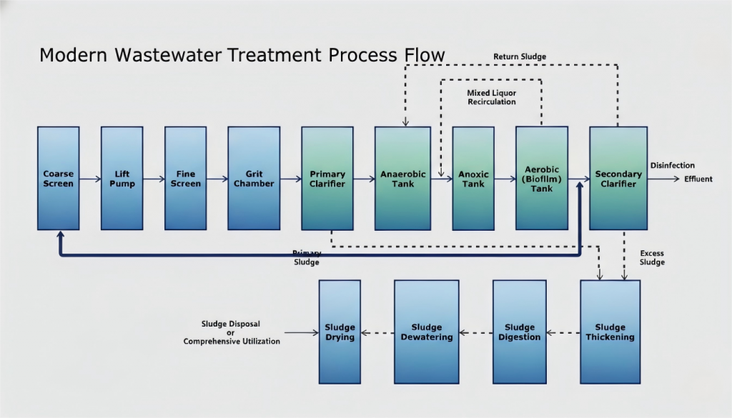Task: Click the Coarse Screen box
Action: (x=59, y=179)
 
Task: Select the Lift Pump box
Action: (x=122, y=179)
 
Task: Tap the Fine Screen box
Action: (x=185, y=179)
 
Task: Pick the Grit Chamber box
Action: (x=254, y=179)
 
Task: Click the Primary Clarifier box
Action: (x=327, y=179)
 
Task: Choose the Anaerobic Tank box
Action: (x=402, y=179)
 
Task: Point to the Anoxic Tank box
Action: (x=473, y=179)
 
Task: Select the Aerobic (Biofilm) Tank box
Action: (x=542, y=179)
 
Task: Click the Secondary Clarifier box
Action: (x=618, y=179)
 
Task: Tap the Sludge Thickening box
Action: (x=610, y=332)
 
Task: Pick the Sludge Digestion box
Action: (x=519, y=332)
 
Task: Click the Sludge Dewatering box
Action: (x=427, y=332)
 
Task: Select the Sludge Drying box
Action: (x=340, y=332)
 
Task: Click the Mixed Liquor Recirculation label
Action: (x=491, y=98)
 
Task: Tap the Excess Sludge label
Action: (x=652, y=258)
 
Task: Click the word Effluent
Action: (x=698, y=179)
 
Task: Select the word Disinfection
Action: (x=672, y=166)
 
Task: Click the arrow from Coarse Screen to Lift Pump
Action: (x=90, y=179)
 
